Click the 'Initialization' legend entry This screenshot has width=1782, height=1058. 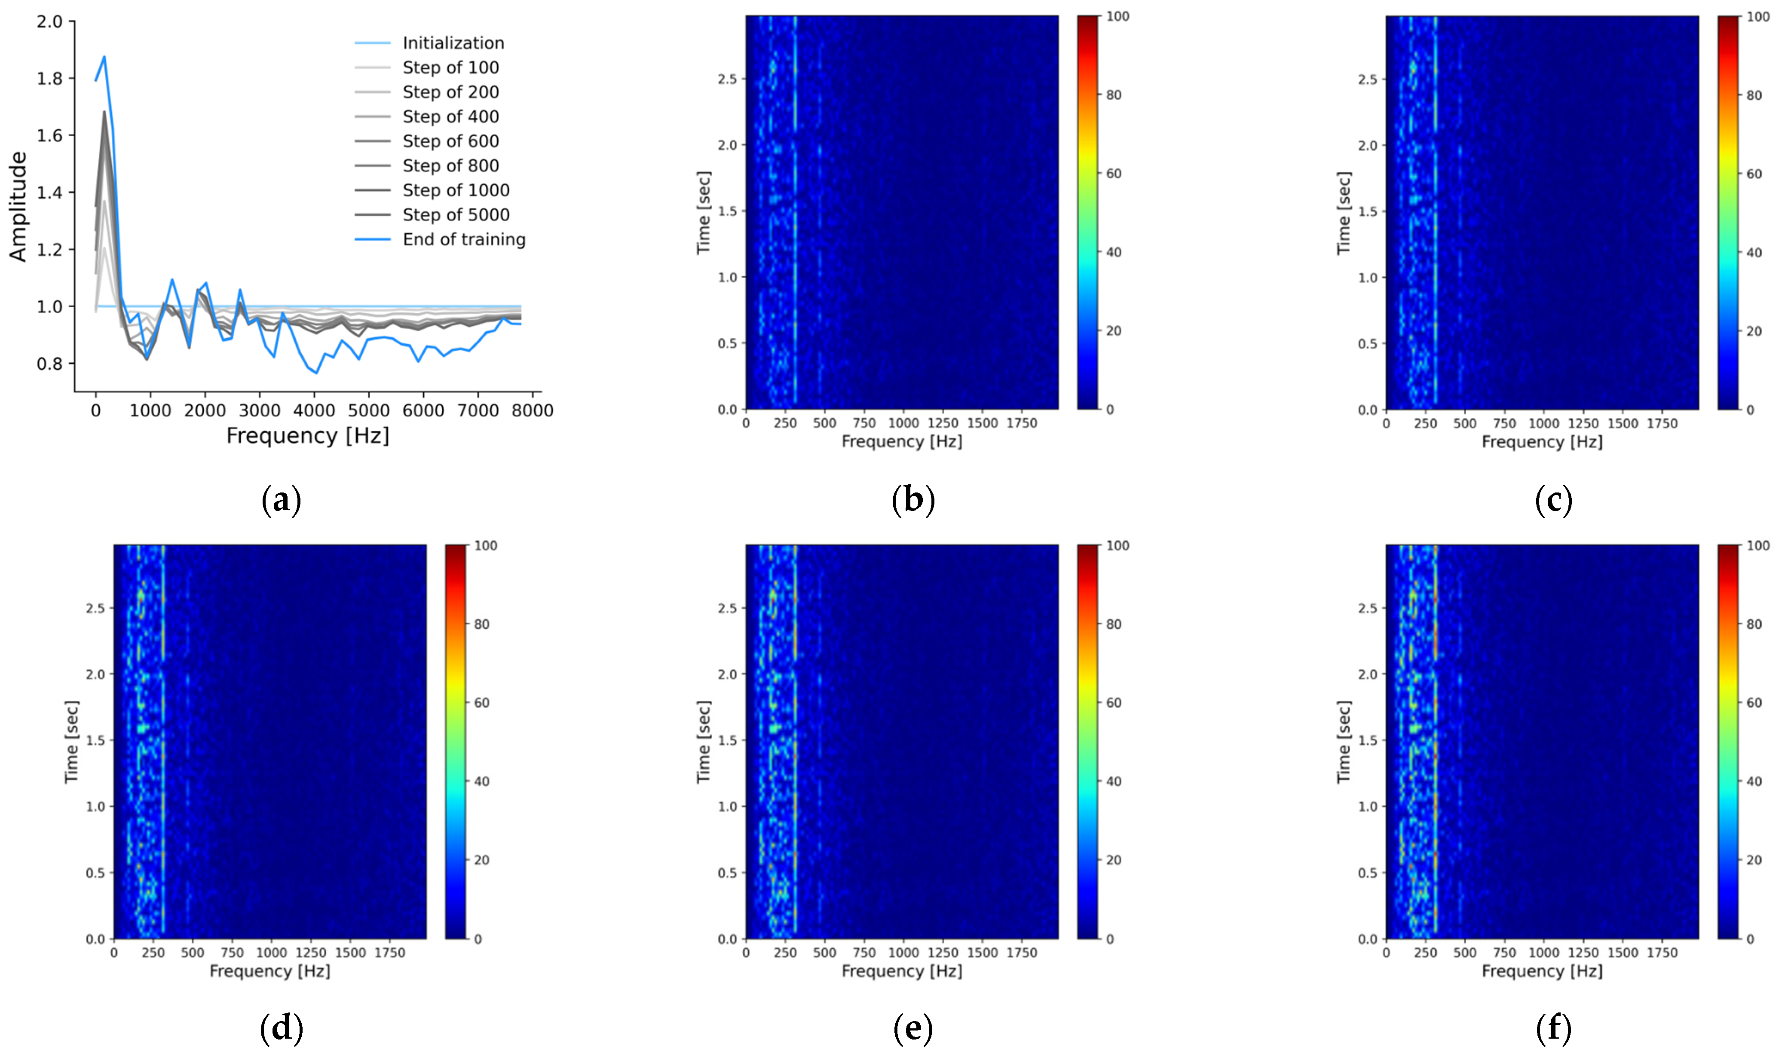point(453,43)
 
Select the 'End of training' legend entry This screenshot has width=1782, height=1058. point(463,239)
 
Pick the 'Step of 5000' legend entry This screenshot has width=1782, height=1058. point(456,214)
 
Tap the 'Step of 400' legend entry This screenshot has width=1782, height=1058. point(451,116)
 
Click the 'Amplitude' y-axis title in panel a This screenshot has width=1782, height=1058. point(18,207)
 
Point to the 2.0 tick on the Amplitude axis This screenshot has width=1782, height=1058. point(50,21)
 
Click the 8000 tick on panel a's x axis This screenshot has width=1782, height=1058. point(532,411)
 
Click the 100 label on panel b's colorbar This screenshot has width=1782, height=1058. point(1118,16)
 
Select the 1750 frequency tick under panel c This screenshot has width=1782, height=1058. point(1662,423)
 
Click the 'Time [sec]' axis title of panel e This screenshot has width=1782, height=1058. point(703,741)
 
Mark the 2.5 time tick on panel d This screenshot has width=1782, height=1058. point(95,608)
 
